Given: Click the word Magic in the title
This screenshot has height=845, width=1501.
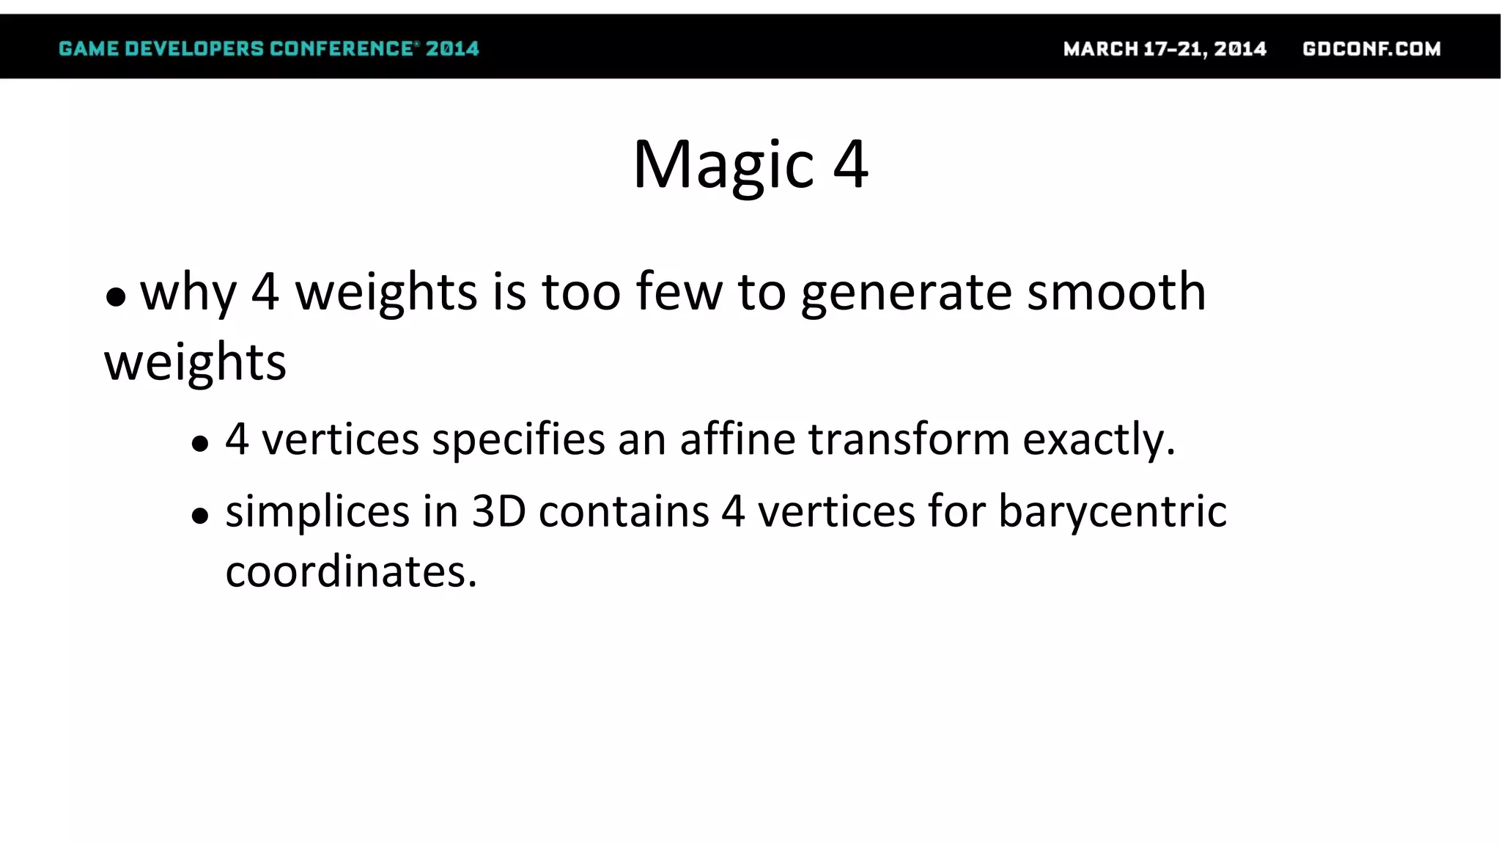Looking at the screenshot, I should point(723,166).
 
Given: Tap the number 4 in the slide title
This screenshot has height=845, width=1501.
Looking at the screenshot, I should point(851,164).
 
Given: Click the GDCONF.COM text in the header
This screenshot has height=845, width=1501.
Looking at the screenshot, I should point(1371,49).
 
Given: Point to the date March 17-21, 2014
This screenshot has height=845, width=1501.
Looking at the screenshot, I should point(1165,49).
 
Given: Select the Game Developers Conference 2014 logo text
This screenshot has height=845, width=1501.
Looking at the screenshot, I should point(268,49).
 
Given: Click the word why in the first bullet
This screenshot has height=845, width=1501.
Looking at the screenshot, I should point(188,293).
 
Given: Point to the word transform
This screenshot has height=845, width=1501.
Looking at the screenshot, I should point(909,439).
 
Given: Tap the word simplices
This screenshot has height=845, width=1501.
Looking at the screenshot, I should point(317,512).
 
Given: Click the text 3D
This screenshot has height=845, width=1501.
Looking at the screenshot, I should point(498,511).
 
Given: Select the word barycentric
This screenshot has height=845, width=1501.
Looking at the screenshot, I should point(1112,512).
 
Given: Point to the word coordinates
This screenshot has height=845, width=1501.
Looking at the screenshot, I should point(350,571).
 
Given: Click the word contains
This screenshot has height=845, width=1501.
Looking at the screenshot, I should point(624,511).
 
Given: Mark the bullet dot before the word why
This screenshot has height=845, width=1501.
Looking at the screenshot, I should point(116,297).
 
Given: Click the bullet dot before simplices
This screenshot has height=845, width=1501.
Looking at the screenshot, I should point(200,516).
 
